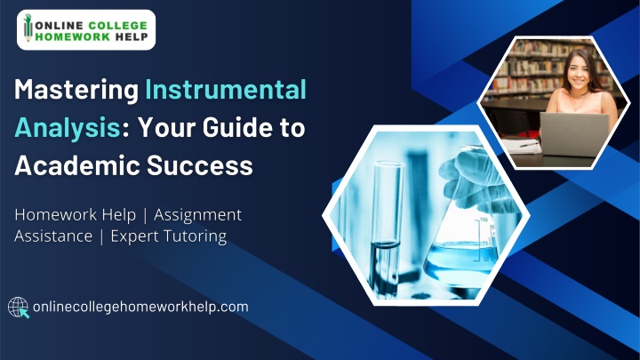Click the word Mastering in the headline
pyautogui.click(x=76, y=91)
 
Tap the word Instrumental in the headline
pyautogui.click(x=226, y=89)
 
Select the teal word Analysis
pyautogui.click(x=68, y=128)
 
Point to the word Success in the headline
pyautogui.click(x=200, y=165)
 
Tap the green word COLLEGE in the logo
pyautogui.click(x=117, y=25)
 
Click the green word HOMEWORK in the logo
pyautogui.click(x=73, y=36)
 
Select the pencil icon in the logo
pyautogui.click(x=28, y=28)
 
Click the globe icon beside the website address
pyautogui.click(x=19, y=308)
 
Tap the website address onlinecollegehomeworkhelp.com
pyautogui.click(x=140, y=307)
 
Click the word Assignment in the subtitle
pyautogui.click(x=198, y=215)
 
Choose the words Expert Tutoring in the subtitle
pyautogui.click(x=169, y=236)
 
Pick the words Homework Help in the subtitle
pyautogui.click(x=75, y=215)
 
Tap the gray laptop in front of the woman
pyautogui.click(x=574, y=134)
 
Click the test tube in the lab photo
pyautogui.click(x=386, y=228)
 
